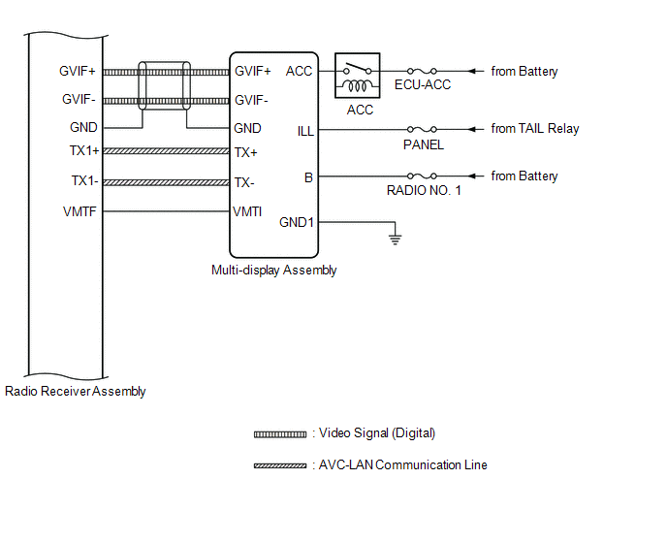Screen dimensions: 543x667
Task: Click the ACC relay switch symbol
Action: point(357,76)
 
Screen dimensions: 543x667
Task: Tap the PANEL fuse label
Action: point(423,144)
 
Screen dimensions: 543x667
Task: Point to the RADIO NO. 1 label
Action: point(424,191)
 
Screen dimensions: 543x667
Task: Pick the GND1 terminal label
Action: point(297,222)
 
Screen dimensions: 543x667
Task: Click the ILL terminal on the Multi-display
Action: point(304,130)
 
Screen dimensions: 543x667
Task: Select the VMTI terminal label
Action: point(247,211)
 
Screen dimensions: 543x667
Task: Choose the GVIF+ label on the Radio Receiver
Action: point(79,71)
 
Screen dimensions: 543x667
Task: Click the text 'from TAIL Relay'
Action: point(534,129)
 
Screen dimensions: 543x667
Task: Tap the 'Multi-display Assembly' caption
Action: point(273,271)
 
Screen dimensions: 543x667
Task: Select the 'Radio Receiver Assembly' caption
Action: point(76,392)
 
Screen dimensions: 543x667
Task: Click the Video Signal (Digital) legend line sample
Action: point(280,434)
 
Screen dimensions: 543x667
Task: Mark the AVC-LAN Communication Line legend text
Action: point(402,465)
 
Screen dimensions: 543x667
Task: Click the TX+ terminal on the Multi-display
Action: point(245,152)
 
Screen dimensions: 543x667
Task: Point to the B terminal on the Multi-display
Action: point(308,176)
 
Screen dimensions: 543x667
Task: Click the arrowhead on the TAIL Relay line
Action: point(474,129)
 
